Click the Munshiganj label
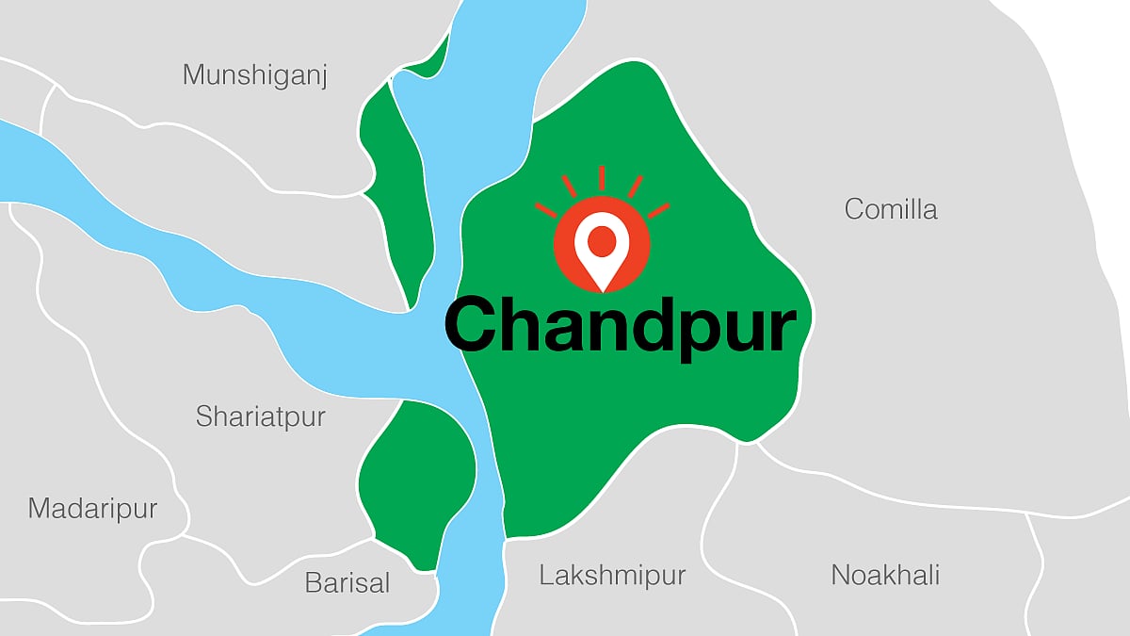[255, 74]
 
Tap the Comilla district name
[891, 208]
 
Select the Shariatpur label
[260, 416]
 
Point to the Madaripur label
[92, 509]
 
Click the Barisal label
[347, 582]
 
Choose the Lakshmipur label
[612, 575]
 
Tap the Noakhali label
[885, 574]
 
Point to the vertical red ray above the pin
[601, 177]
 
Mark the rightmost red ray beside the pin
[658, 208]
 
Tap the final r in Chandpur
[781, 331]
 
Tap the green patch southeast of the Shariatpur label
[416, 481]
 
